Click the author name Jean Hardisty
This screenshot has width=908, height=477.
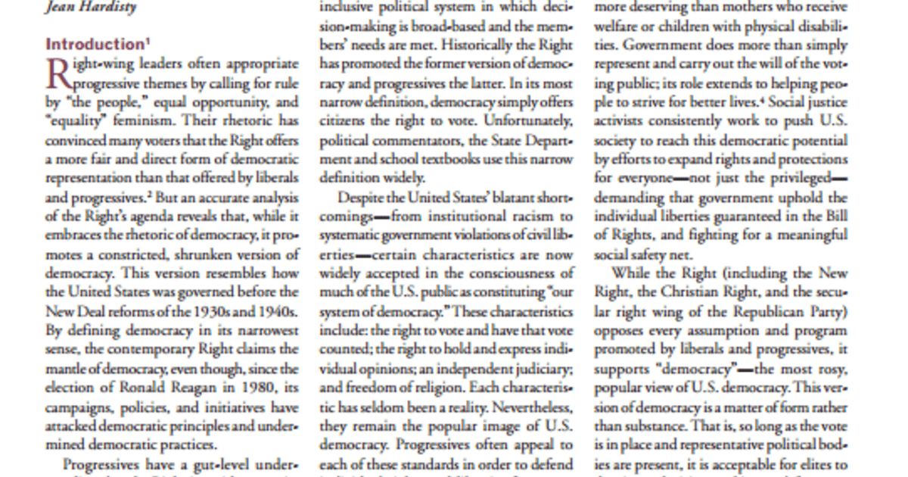point(91,8)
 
